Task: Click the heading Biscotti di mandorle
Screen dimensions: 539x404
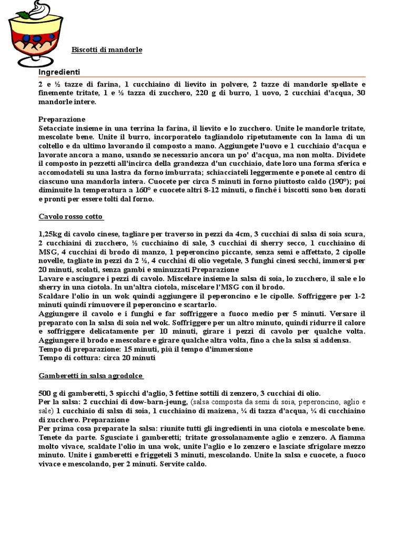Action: [x=107, y=50]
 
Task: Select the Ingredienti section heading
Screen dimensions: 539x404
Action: [x=59, y=72]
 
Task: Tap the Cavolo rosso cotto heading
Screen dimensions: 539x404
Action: [x=71, y=217]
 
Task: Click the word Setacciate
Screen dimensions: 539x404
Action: [x=57, y=128]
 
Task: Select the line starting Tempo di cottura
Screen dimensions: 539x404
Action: [x=97, y=358]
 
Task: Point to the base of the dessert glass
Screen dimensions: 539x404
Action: [x=36, y=63]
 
